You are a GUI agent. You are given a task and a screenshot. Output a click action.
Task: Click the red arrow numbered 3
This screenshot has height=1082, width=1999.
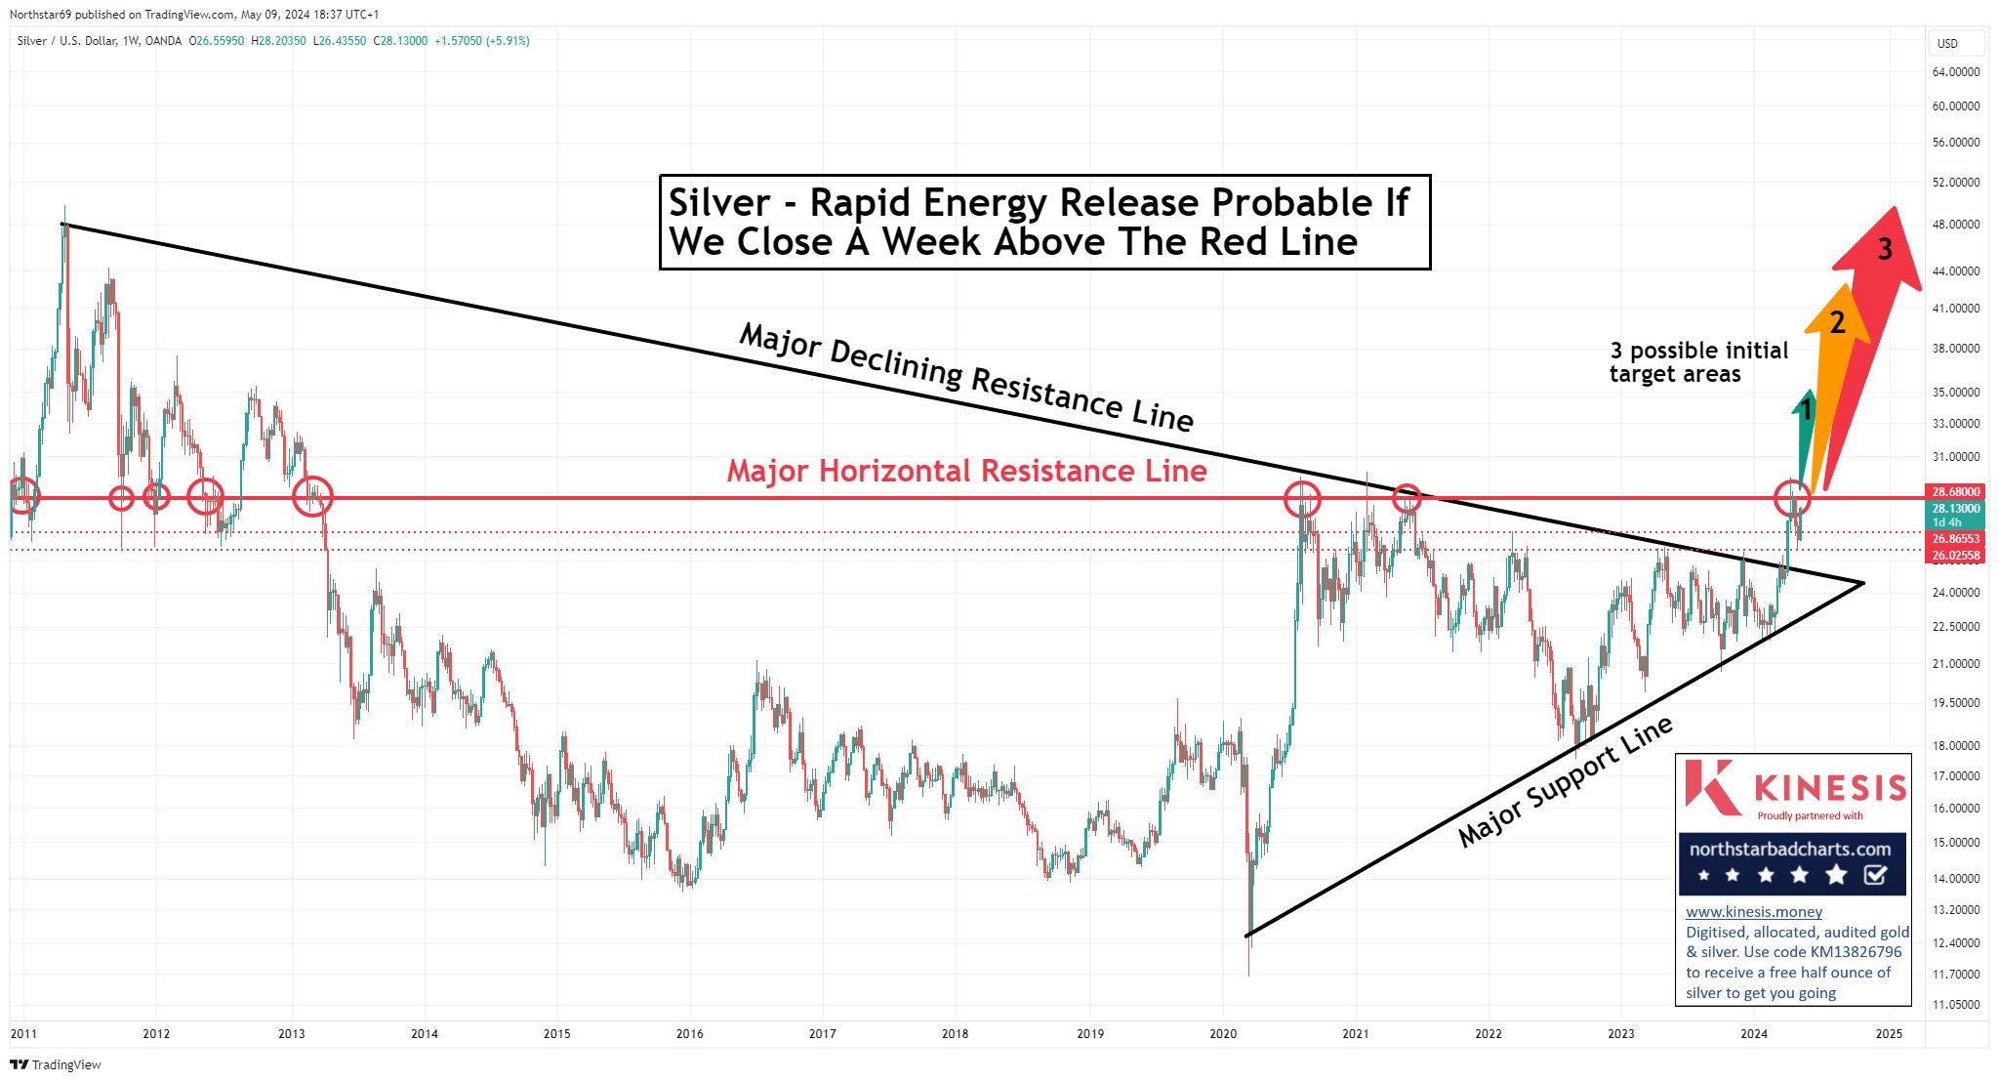(1875, 293)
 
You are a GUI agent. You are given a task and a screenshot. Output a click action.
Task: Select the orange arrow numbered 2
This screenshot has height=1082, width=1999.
(1833, 352)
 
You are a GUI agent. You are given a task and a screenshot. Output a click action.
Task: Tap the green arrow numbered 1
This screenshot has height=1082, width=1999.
(1805, 430)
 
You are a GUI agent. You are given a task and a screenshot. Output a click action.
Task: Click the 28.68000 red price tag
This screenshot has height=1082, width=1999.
(1956, 491)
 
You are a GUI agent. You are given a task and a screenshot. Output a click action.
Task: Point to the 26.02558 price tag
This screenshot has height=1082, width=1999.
(1956, 556)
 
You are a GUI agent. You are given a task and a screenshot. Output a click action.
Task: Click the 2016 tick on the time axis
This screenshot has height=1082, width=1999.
(689, 1033)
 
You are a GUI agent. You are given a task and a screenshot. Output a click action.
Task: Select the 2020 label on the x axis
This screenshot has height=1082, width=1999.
(1222, 1033)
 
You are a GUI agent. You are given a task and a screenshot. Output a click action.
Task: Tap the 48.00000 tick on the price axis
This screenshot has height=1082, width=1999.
(1956, 225)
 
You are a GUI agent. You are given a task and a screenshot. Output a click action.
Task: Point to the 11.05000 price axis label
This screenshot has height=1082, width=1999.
(1956, 1005)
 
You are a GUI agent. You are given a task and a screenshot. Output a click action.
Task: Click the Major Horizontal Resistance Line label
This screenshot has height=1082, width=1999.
(966, 471)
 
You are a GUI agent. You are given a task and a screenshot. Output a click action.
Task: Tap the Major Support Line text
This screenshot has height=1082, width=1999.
(1565, 781)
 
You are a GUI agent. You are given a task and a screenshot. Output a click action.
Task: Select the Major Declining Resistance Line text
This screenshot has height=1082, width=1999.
(966, 376)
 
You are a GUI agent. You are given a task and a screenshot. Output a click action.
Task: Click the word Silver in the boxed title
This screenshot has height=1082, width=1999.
(718, 203)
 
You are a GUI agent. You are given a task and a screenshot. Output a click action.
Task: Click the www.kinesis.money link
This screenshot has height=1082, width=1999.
(1753, 912)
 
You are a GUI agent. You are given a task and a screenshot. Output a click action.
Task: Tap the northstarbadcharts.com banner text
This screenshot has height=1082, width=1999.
(1790, 849)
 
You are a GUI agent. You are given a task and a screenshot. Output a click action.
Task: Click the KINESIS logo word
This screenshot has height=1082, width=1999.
(1829, 787)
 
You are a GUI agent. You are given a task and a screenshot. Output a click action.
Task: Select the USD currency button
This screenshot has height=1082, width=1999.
(1947, 44)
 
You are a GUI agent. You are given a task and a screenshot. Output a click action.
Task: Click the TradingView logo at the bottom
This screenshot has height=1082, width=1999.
(56, 1064)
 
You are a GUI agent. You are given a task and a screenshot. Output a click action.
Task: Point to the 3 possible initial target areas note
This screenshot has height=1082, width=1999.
(1698, 362)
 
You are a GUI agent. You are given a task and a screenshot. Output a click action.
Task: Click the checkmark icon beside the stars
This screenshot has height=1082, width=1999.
(1875, 875)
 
